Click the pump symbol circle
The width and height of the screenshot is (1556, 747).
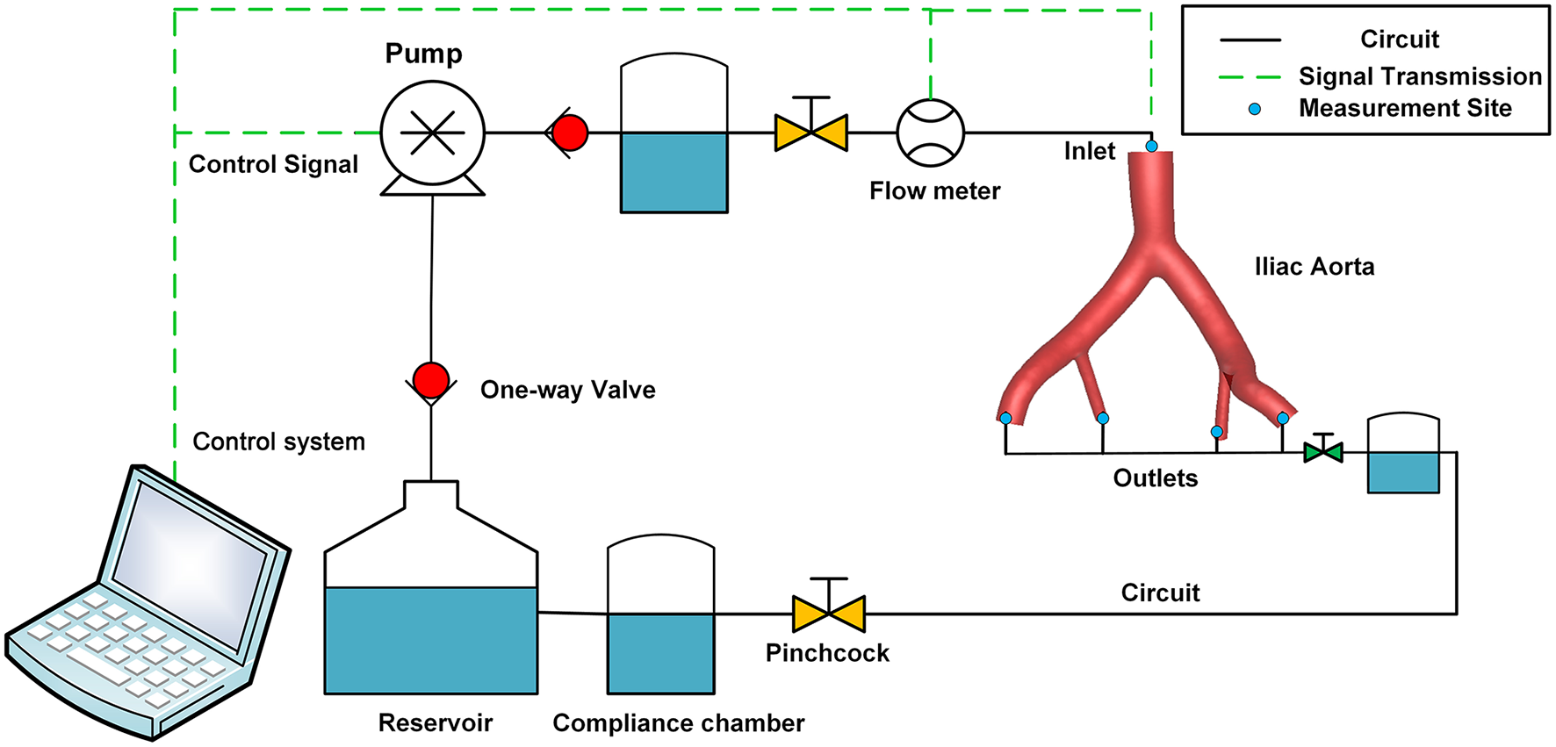pyautogui.click(x=432, y=133)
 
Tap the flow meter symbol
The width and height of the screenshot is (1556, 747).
pyautogui.click(x=930, y=133)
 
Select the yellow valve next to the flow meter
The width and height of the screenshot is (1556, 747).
pyautogui.click(x=811, y=133)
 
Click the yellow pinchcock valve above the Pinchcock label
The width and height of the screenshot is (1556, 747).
pyautogui.click(x=829, y=613)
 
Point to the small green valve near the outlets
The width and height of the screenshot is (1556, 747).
pyautogui.click(x=1323, y=452)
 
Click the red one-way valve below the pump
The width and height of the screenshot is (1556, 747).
pyautogui.click(x=431, y=381)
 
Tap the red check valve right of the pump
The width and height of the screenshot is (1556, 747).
pyautogui.click(x=569, y=133)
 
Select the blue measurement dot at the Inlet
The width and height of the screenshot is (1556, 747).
pyautogui.click(x=1151, y=146)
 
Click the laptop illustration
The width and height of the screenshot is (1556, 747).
pyautogui.click(x=149, y=606)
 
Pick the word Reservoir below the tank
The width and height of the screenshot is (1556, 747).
pyautogui.click(x=435, y=722)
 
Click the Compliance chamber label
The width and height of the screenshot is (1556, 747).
pyautogui.click(x=678, y=722)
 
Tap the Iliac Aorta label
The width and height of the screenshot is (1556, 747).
pyautogui.click(x=1314, y=267)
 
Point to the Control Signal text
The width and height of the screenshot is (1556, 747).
pyautogui.click(x=273, y=164)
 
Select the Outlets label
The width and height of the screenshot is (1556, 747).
pyautogui.click(x=1155, y=478)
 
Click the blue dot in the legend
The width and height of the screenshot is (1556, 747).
pyautogui.click(x=1255, y=109)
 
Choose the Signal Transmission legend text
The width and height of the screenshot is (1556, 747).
pyautogui.click(x=1420, y=76)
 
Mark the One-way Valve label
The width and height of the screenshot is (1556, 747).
pyautogui.click(x=567, y=390)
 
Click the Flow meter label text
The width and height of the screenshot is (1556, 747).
pyautogui.click(x=934, y=190)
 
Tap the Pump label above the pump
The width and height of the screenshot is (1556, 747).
pyautogui.click(x=423, y=54)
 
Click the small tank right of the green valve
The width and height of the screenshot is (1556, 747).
pyautogui.click(x=1403, y=454)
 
